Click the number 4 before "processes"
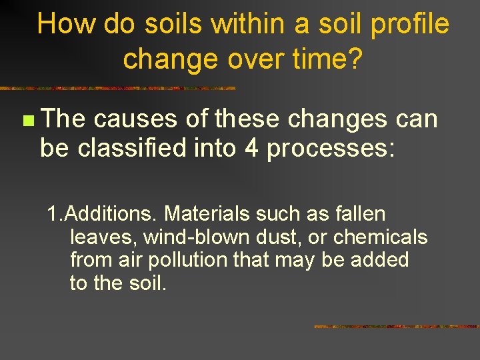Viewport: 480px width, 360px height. coord(252,149)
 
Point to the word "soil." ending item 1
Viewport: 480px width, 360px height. coord(146,283)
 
